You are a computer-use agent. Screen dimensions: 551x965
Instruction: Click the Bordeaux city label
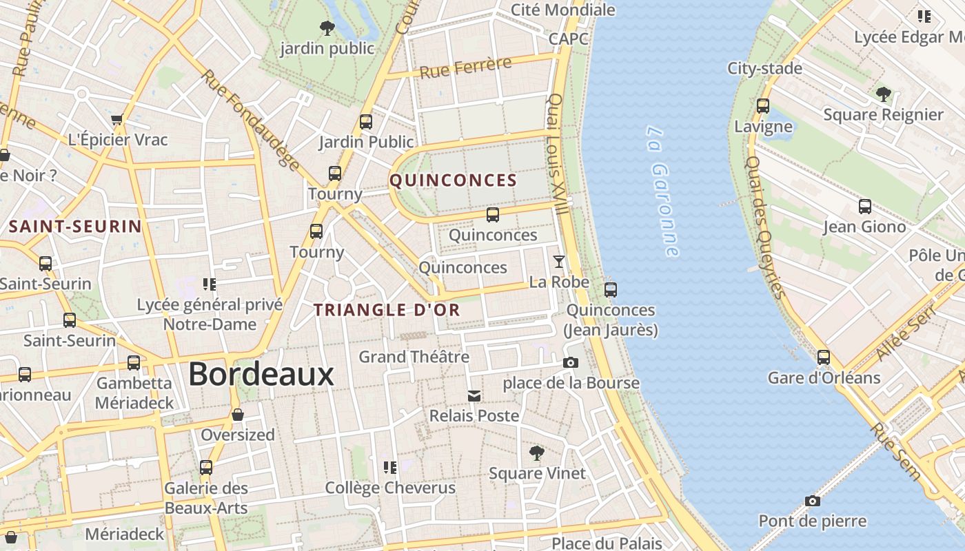(x=261, y=374)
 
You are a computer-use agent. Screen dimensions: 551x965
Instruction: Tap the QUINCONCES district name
(x=453, y=180)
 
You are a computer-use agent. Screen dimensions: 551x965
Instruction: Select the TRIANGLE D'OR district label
(x=387, y=310)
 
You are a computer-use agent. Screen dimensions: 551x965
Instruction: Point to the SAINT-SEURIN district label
(x=75, y=227)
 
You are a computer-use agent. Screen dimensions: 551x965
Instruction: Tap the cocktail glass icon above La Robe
(x=559, y=262)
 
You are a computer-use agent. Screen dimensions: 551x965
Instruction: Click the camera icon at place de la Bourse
(x=571, y=362)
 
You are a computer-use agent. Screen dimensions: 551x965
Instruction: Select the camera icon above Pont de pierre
(x=813, y=501)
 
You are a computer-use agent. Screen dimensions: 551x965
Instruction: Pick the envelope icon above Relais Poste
(x=474, y=395)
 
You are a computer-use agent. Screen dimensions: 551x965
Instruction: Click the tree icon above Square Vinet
(x=536, y=453)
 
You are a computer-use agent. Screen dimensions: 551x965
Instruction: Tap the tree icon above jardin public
(x=327, y=28)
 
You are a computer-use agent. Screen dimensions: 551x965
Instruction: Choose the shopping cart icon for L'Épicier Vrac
(x=117, y=119)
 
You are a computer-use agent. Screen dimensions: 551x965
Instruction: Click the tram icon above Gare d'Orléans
(x=824, y=357)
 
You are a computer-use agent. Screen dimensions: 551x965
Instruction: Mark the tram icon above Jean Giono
(x=864, y=207)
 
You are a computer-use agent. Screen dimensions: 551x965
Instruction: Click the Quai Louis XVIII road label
(x=558, y=154)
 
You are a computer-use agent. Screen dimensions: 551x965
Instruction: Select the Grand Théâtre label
(x=414, y=357)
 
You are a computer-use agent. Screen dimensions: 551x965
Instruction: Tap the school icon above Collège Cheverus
(x=390, y=468)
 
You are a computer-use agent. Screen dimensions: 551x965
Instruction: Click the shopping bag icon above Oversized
(x=238, y=415)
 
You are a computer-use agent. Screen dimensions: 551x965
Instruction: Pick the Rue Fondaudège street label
(x=251, y=120)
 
